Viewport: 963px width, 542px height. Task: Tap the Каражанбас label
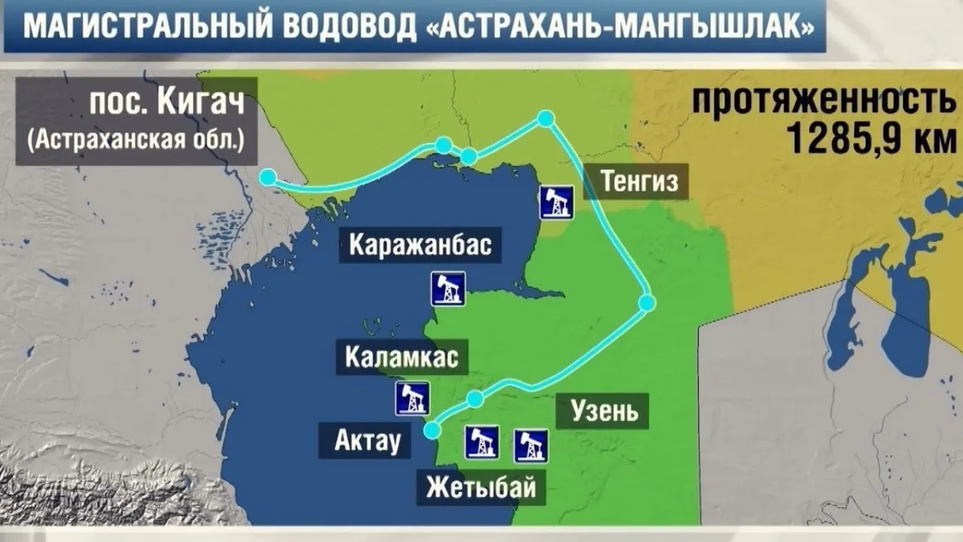pos(420,245)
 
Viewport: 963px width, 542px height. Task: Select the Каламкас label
pos(402,357)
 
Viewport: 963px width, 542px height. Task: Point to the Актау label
pos(364,440)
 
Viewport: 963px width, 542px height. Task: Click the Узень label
pos(604,411)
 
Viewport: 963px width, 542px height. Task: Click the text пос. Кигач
pos(167,102)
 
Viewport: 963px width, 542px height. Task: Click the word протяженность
pos(822,100)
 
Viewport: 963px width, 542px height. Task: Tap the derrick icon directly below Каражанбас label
pos(448,289)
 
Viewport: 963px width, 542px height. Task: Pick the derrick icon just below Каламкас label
pos(412,398)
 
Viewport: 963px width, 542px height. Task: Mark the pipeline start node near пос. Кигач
pos(268,178)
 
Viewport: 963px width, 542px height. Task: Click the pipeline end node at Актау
pos(432,430)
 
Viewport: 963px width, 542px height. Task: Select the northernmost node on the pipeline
pos(545,118)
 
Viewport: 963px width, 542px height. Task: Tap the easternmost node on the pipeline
pos(646,303)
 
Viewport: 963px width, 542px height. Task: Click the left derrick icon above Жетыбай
pos(481,442)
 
